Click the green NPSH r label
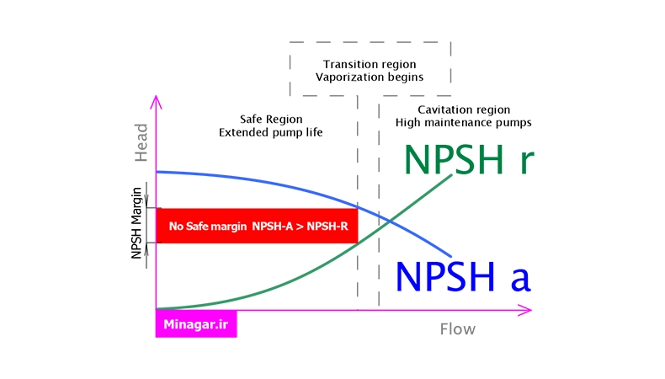coord(469,159)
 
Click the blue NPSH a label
coord(463,277)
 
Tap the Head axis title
coord(141,142)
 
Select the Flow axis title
coord(458,329)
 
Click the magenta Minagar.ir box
coord(196,323)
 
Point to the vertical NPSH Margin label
coord(136,223)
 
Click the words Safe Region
coord(271,120)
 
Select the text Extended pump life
coord(270,132)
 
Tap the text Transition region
coord(370,64)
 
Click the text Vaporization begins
coord(370,77)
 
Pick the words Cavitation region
coord(464,110)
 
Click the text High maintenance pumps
coord(464,123)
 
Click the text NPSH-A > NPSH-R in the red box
coord(301,227)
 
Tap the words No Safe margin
coord(208,227)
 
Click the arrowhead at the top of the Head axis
coord(156,101)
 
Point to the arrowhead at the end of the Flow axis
coord(526,310)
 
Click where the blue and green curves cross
coord(390,221)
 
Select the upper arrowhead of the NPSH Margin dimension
coord(146,201)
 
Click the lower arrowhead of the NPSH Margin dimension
coord(146,249)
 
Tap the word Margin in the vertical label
coord(136,206)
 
